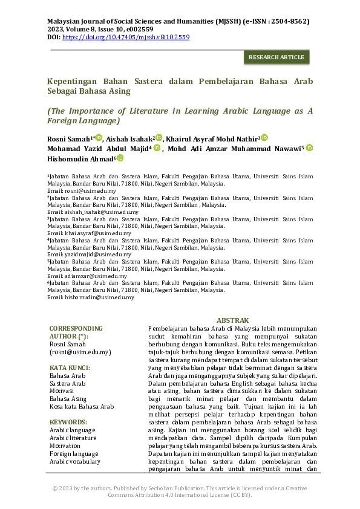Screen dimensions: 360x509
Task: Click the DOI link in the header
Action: click(126, 37)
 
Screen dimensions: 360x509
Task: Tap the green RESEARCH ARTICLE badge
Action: click(276, 57)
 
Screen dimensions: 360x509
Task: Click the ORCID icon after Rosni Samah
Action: click(99, 138)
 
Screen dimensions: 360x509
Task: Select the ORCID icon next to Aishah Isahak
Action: click(159, 138)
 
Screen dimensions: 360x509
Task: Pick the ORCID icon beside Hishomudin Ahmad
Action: click(120, 158)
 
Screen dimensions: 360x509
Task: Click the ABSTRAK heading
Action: click(232, 320)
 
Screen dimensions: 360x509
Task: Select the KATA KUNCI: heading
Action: click(70, 368)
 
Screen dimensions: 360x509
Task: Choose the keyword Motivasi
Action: click(62, 391)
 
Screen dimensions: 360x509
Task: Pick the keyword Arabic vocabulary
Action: click(75, 461)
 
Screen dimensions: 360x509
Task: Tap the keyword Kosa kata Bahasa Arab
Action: click(82, 407)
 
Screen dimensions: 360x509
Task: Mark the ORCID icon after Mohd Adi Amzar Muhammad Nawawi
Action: click(309, 148)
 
